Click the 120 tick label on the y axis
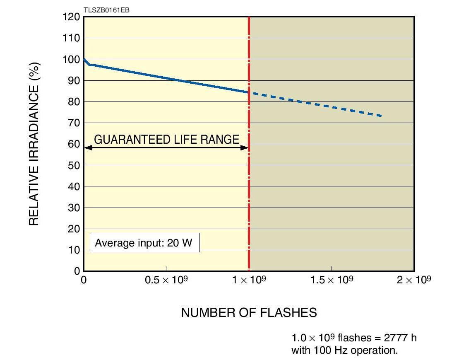click(71, 17)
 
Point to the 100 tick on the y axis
click(71, 59)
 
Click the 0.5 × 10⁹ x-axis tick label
click(166, 280)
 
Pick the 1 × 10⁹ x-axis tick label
click(249, 280)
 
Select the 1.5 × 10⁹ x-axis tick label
click(332, 280)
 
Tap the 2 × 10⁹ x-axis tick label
click(413, 280)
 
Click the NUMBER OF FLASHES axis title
click(249, 312)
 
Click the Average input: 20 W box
click(144, 242)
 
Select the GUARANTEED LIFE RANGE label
click(166, 140)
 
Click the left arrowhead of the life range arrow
click(87, 147)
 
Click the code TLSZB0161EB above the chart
click(106, 10)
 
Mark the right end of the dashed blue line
click(380, 116)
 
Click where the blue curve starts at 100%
click(84, 59)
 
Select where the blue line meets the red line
click(249, 92)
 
